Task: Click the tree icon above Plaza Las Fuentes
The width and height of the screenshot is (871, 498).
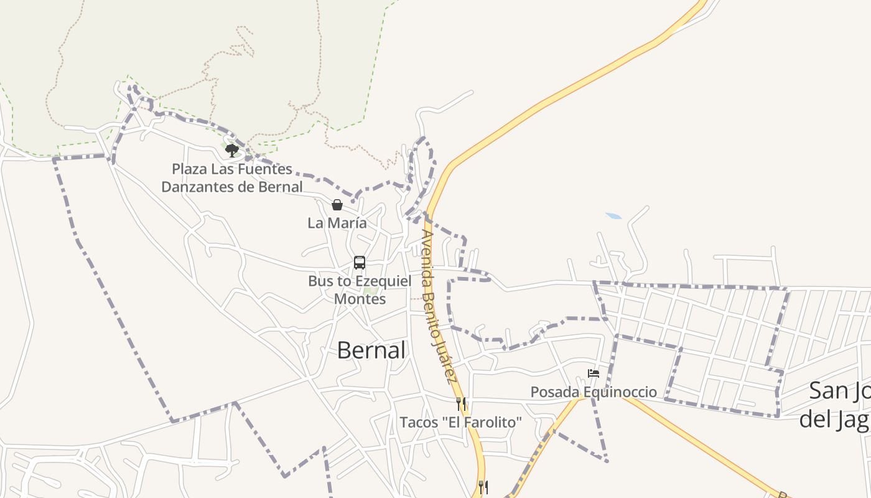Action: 232,150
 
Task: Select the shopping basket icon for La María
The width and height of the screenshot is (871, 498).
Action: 337,205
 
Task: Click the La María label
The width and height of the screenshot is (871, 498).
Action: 337,223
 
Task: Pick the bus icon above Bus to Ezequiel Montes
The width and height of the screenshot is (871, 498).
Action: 360,263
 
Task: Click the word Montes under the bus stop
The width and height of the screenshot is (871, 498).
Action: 360,299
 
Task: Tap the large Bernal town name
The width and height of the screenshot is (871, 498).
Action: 371,350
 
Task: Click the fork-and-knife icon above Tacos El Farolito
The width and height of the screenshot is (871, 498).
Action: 461,404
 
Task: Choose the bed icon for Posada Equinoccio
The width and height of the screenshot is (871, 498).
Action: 594,374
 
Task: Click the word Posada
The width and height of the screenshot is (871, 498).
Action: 551,392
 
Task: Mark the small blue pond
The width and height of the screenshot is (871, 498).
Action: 613,216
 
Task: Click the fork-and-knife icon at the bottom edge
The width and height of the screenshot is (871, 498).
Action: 483,487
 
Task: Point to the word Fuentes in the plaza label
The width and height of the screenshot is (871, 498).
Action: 268,169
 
